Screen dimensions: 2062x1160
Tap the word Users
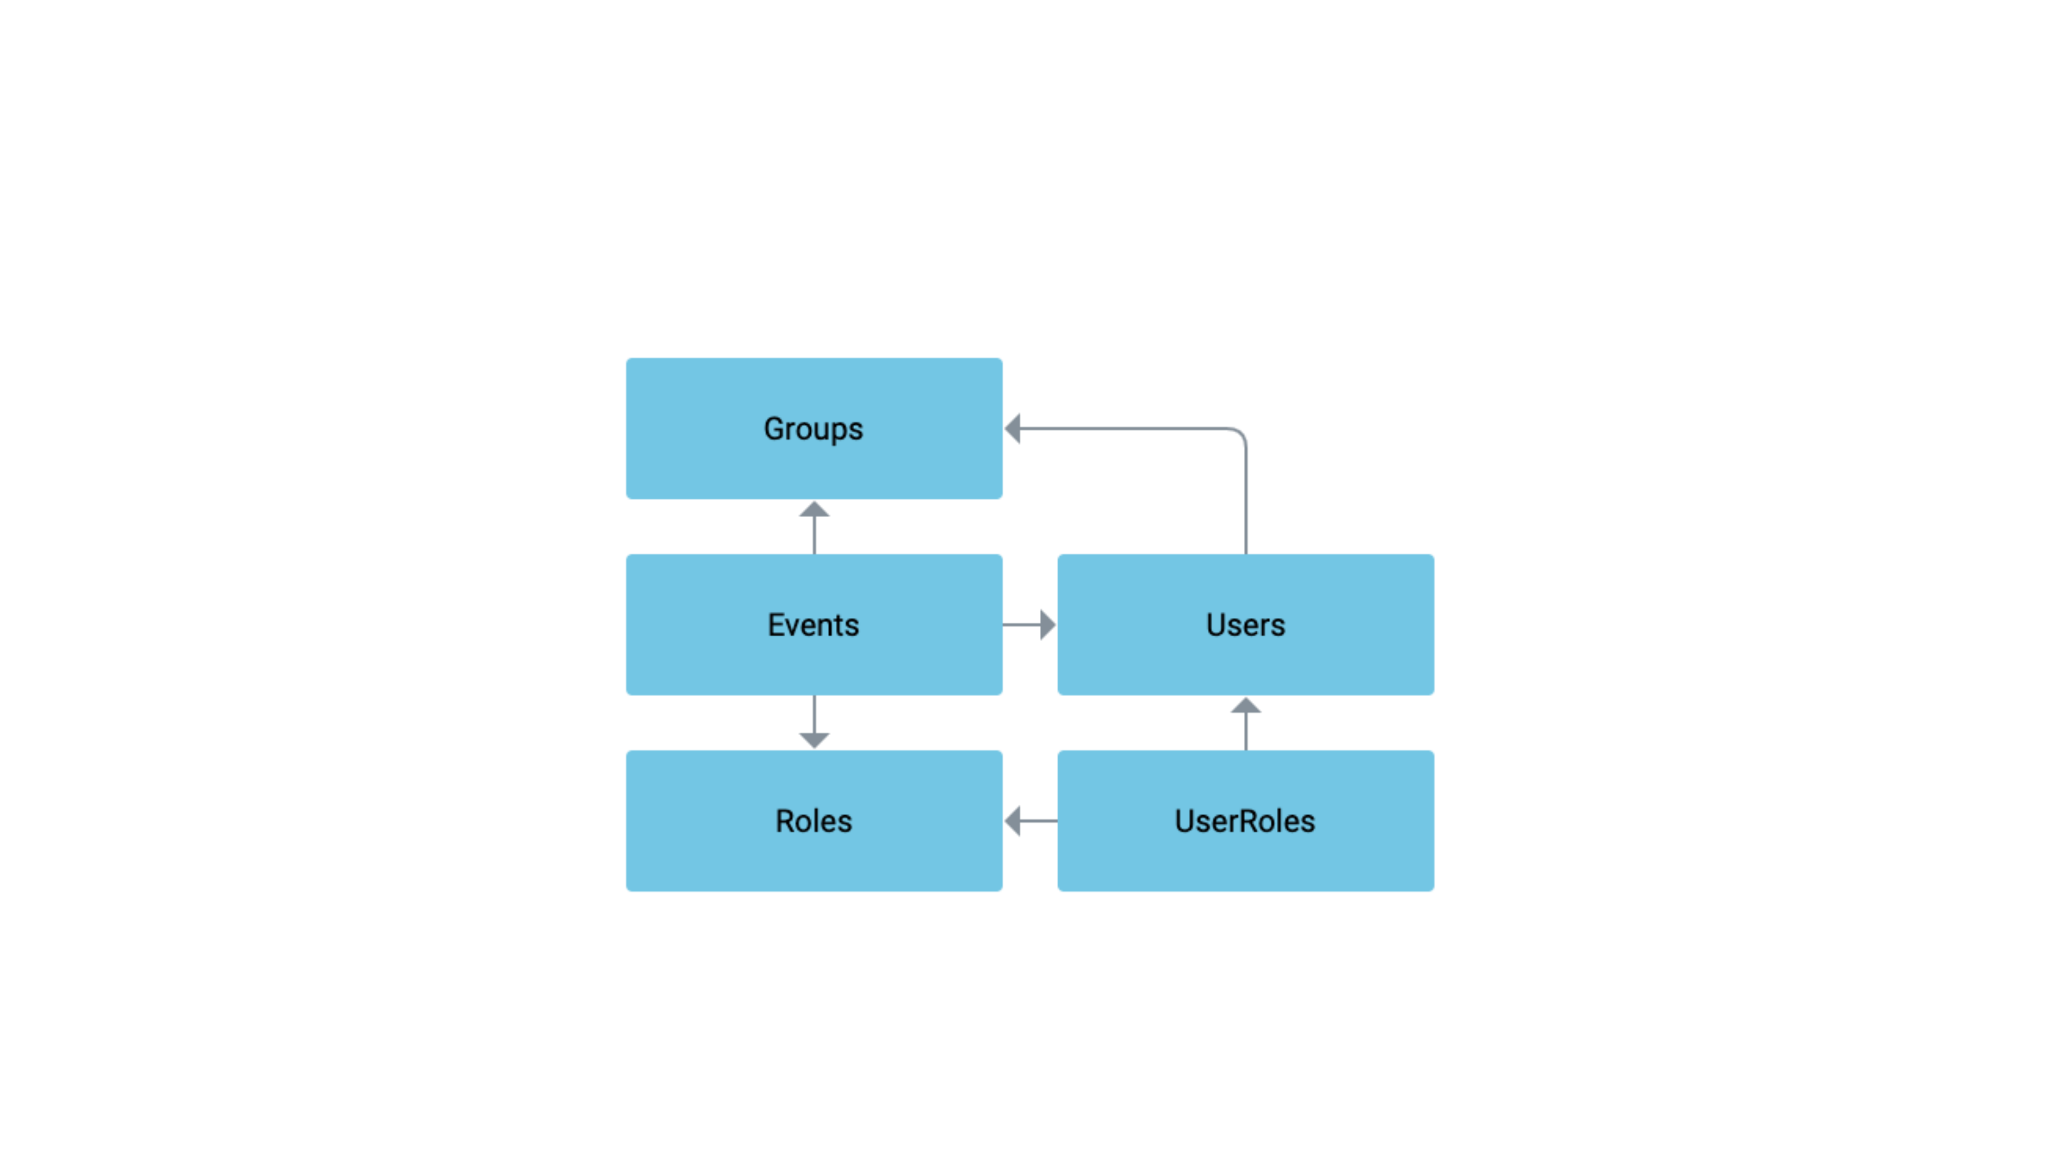pos(1246,624)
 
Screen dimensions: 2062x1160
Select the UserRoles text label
pos(1246,821)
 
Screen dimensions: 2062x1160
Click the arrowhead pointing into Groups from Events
pos(814,510)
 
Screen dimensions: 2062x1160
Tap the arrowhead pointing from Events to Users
pos(1047,624)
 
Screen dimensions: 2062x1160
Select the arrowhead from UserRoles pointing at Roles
pos(1013,821)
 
